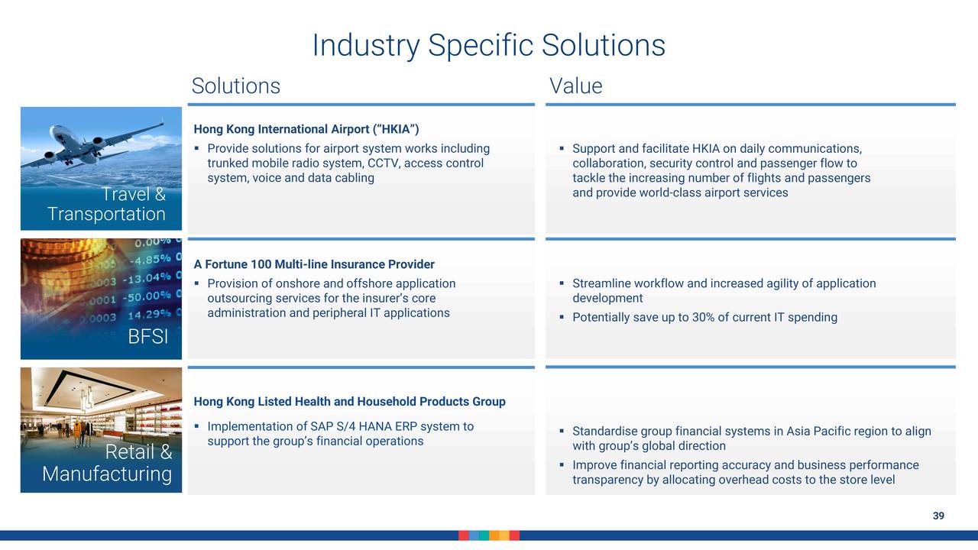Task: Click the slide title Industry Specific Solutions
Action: click(x=488, y=45)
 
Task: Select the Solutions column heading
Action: click(x=236, y=86)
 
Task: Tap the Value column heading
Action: click(x=576, y=86)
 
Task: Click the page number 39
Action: click(x=938, y=516)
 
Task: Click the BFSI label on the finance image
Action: click(x=148, y=337)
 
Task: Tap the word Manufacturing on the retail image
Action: click(x=107, y=474)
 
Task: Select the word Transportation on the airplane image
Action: click(x=106, y=214)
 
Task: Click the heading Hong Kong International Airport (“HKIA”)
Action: click(x=306, y=129)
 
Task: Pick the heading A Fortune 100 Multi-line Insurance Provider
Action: click(x=314, y=264)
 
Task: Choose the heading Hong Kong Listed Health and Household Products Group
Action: click(x=349, y=402)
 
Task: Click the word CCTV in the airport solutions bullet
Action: click(x=384, y=163)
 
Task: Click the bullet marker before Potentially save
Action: click(x=562, y=317)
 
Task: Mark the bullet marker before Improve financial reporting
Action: click(x=562, y=465)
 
